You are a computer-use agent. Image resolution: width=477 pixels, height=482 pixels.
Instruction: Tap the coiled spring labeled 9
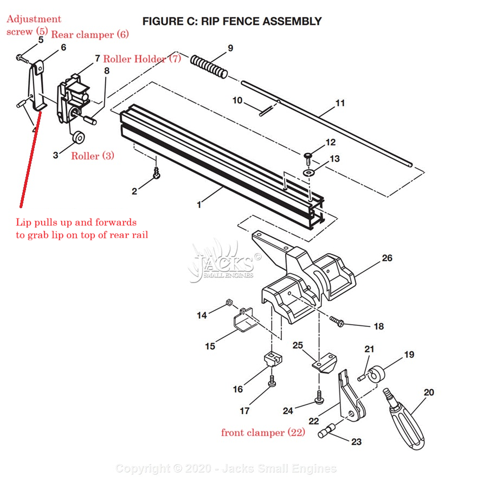209,66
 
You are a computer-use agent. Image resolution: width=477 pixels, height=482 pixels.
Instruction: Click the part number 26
387,258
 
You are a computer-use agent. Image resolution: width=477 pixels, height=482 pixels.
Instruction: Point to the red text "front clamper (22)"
263,433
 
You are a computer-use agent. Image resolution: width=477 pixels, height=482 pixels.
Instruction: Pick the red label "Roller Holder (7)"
142,59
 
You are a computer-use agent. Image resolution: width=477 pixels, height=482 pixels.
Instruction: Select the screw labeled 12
308,157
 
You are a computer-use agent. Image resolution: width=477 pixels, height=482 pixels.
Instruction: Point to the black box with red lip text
82,226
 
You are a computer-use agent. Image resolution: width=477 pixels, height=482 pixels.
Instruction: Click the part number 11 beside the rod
340,103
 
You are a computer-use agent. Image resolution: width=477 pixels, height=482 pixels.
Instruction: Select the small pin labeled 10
264,110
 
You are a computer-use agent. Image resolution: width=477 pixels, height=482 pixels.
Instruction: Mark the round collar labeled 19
376,375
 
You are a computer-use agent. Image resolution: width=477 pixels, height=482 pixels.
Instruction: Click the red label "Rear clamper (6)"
90,35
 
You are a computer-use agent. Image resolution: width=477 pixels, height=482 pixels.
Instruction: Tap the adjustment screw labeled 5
21,56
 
